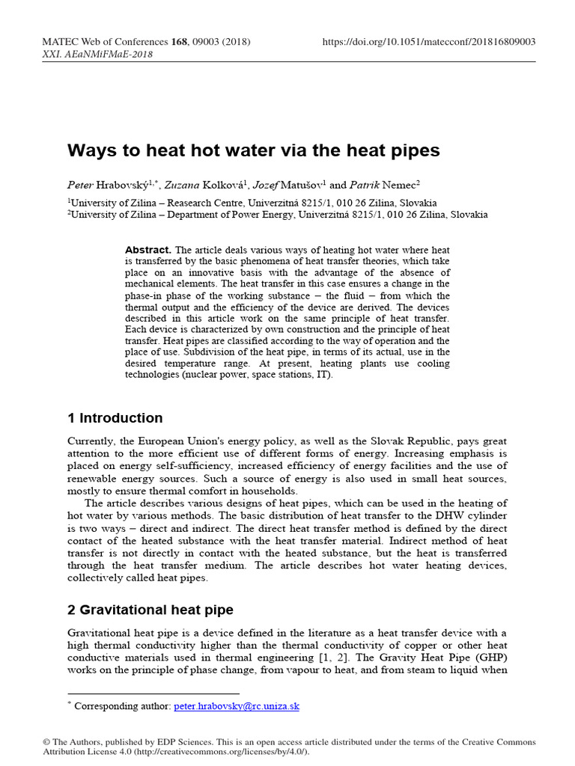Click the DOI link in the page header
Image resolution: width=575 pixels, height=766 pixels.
pos(429,43)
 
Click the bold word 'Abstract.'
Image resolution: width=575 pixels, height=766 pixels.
pos(148,250)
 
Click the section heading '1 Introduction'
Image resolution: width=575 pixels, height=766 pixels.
pos(115,418)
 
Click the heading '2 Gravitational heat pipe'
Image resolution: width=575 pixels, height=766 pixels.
pos(150,610)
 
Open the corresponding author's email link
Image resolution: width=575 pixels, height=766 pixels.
pos(237,705)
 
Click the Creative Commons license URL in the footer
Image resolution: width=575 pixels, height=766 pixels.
pos(234,752)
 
